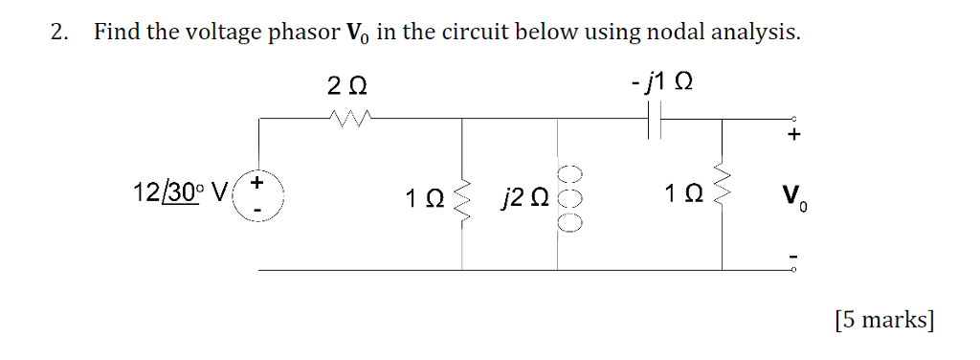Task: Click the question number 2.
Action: pyautogui.click(x=59, y=34)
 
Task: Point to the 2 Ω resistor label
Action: pyautogui.click(x=346, y=86)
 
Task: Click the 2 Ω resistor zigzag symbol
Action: pyautogui.click(x=345, y=119)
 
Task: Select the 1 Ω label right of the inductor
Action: pyautogui.click(x=680, y=197)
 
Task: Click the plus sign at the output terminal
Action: pyautogui.click(x=792, y=137)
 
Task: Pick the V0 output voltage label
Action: pyautogui.click(x=793, y=199)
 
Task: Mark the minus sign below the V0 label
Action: pyautogui.click(x=792, y=256)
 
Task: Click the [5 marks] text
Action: pyautogui.click(x=882, y=320)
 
